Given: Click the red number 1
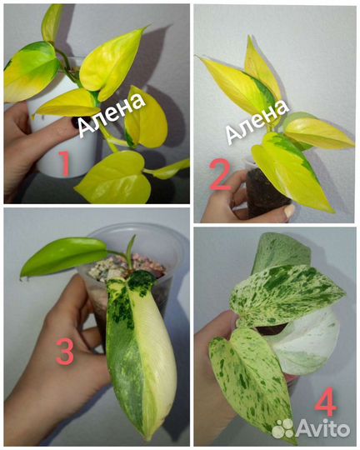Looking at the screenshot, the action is [65, 163].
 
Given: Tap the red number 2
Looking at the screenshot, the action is [220, 175].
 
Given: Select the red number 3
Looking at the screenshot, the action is [65, 351].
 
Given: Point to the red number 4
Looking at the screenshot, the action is [326, 402].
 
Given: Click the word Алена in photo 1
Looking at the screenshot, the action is [112, 115].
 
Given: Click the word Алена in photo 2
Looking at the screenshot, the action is [257, 121].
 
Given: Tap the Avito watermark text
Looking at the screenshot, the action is [322, 428].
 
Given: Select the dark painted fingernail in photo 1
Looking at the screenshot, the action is [74, 122].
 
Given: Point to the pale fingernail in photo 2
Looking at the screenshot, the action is [288, 211].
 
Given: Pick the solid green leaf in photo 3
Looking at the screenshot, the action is [63, 256].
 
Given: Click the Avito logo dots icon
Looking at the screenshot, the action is [282, 428].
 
